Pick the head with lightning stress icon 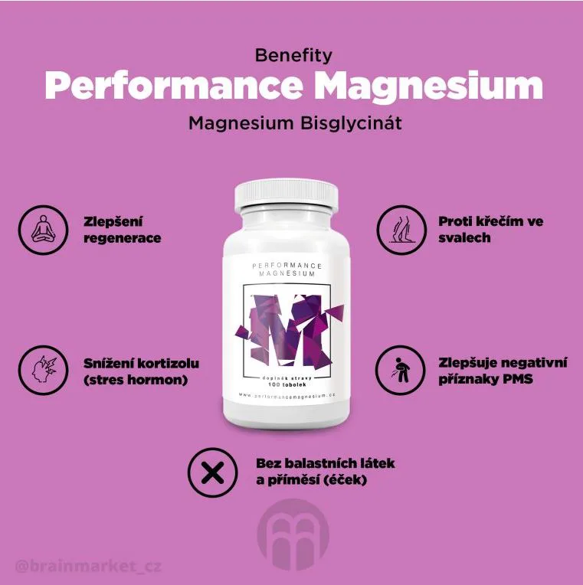tap(40, 370)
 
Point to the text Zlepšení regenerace tap(123, 230)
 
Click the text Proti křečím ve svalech tap(490, 230)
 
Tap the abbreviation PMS tap(518, 378)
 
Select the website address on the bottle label tap(287, 396)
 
